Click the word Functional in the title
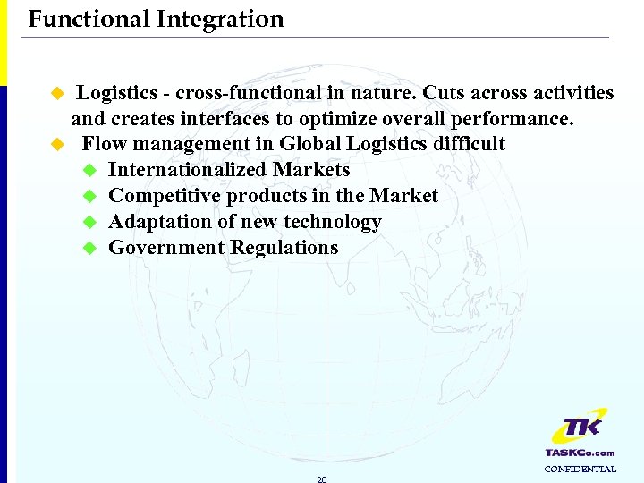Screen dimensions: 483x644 click(89, 19)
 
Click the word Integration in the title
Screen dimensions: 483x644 click(220, 19)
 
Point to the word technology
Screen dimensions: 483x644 click(335, 222)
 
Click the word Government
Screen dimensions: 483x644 click(166, 248)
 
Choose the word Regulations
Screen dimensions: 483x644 click(284, 248)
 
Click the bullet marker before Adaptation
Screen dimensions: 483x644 click(89, 222)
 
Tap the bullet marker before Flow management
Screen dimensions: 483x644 click(58, 144)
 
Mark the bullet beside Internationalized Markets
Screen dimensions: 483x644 click(89, 170)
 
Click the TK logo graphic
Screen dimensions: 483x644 click(578, 427)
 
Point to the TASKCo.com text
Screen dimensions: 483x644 click(580, 453)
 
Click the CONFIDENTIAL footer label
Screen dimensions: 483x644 click(580, 469)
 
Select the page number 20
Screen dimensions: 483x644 click(322, 479)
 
